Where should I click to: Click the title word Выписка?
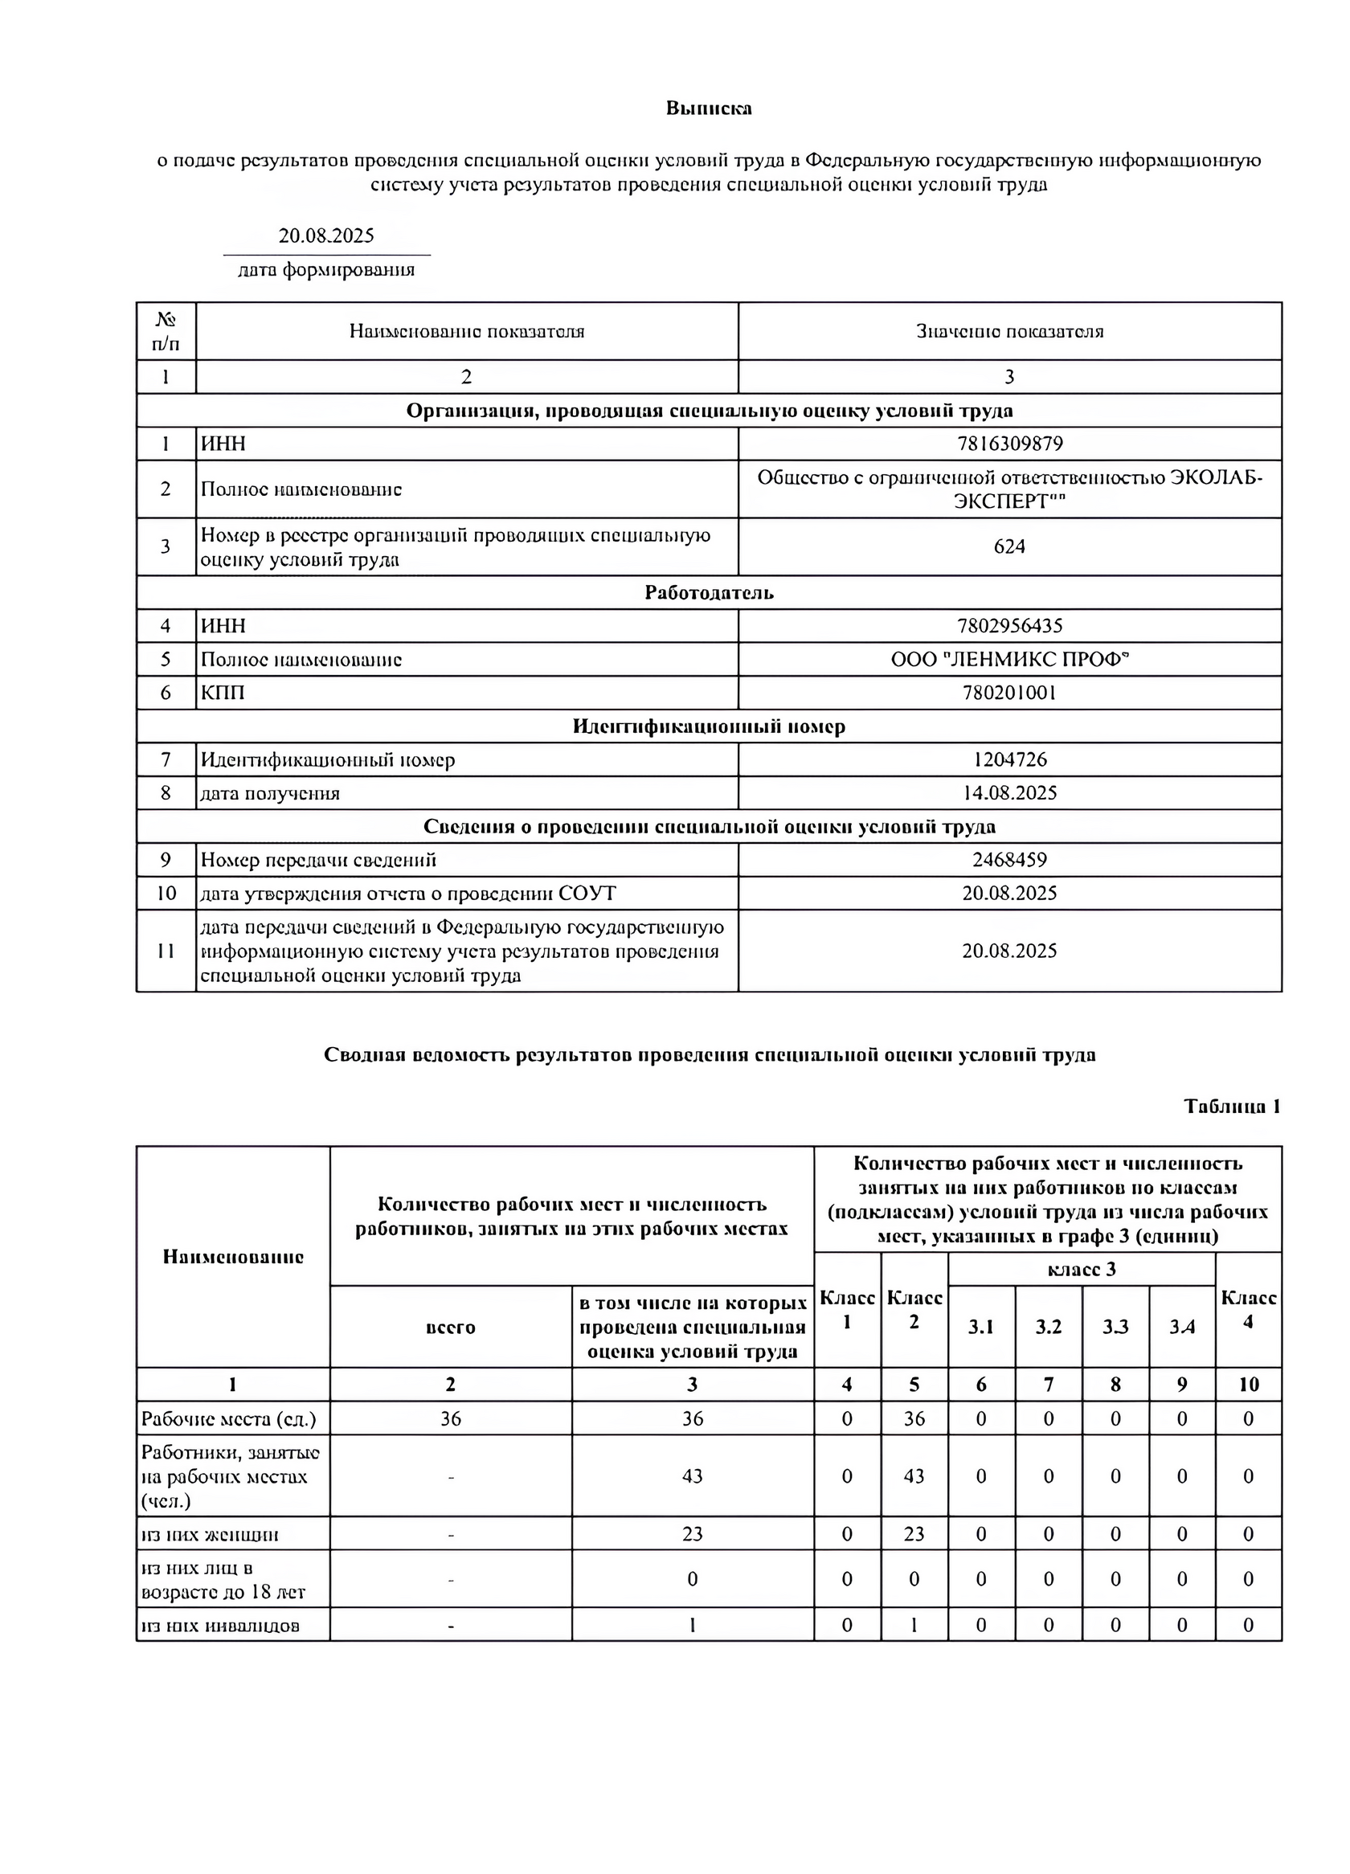(x=708, y=108)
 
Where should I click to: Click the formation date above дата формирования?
(x=325, y=235)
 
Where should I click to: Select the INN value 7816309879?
(x=1008, y=444)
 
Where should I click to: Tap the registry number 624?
(x=1008, y=546)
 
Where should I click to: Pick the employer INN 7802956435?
(x=1008, y=625)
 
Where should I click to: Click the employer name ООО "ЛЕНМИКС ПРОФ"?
(x=1008, y=660)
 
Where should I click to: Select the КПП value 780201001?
(x=1008, y=693)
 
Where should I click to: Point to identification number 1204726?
(x=1008, y=759)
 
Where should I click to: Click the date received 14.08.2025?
(x=1008, y=793)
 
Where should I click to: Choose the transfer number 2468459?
(x=1008, y=859)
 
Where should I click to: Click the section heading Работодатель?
(x=708, y=592)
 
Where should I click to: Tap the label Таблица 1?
(x=1231, y=1107)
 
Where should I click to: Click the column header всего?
(x=450, y=1327)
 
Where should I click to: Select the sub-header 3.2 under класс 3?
(x=1048, y=1327)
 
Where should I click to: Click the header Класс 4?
(x=1248, y=1310)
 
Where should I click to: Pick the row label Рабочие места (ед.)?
(x=228, y=1418)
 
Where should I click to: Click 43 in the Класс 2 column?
(x=913, y=1475)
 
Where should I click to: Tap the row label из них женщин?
(x=210, y=1534)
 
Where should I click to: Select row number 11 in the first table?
(x=166, y=950)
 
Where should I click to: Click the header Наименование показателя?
(x=466, y=331)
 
